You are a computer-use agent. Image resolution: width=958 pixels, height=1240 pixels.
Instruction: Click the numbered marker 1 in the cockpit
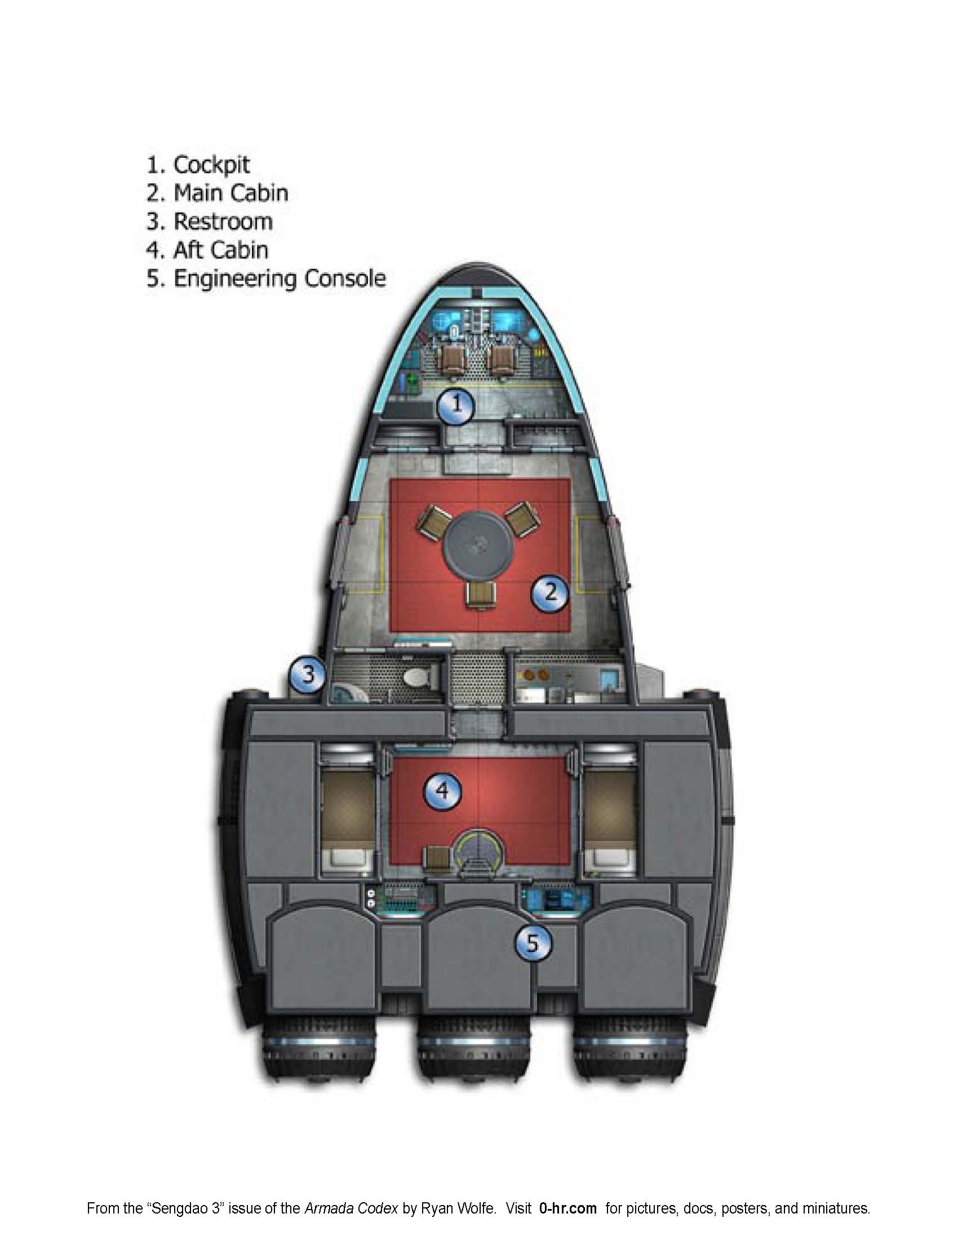pyautogui.click(x=455, y=406)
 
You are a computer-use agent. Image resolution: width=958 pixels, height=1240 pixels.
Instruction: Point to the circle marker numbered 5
pyautogui.click(x=533, y=943)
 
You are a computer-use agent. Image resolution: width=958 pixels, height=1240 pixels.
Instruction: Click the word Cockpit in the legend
pyautogui.click(x=211, y=165)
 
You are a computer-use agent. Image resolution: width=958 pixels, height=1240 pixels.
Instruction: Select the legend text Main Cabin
pyautogui.click(x=230, y=193)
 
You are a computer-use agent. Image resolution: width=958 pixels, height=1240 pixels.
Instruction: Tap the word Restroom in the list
pyautogui.click(x=223, y=222)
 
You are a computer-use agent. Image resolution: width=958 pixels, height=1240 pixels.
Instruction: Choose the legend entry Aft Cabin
pyautogui.click(x=220, y=250)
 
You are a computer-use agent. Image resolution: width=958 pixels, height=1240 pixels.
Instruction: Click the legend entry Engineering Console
pyautogui.click(x=279, y=279)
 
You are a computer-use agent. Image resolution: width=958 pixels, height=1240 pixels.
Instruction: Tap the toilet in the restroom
pyautogui.click(x=419, y=678)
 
